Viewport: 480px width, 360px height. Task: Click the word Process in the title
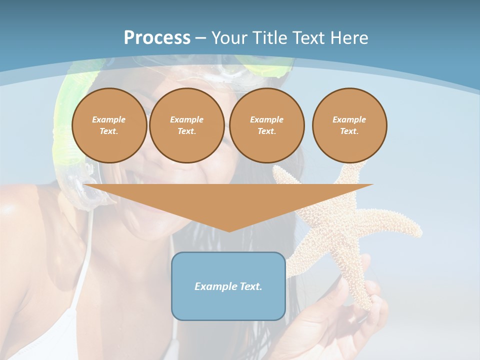click(x=157, y=38)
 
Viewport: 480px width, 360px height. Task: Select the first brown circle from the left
click(x=109, y=125)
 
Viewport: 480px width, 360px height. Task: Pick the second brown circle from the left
click(x=187, y=125)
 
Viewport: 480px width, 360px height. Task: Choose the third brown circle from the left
click(x=267, y=125)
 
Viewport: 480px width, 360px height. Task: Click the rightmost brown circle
click(x=349, y=125)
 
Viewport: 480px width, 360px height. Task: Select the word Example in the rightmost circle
click(x=349, y=119)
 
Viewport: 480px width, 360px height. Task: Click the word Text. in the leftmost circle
click(x=109, y=131)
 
